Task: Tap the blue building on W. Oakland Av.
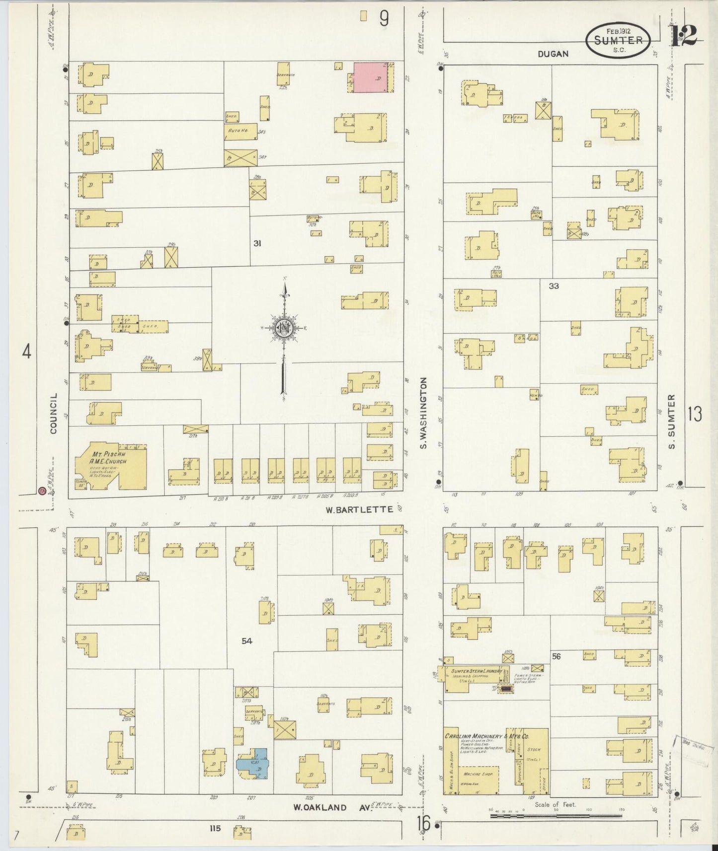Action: [x=253, y=765]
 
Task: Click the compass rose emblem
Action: [x=283, y=328]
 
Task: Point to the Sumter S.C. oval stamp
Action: [x=618, y=40]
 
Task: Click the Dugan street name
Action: [x=553, y=54]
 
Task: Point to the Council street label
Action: [x=54, y=413]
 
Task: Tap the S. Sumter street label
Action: [x=672, y=422]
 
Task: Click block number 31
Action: [x=257, y=243]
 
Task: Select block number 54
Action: [x=247, y=641]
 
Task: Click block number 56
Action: [x=556, y=656]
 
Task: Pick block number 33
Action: [x=554, y=286]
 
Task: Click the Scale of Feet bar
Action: [x=556, y=815]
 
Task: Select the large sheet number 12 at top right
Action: [x=684, y=35]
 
